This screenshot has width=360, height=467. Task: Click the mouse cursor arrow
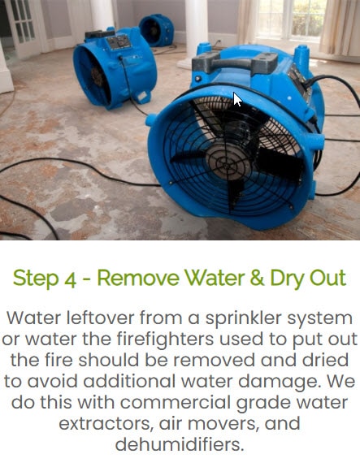point(237,99)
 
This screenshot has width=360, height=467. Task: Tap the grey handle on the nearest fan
point(235,62)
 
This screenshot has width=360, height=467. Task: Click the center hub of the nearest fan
point(226,163)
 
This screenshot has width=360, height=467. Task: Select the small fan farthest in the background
point(157,30)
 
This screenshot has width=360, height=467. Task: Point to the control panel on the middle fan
point(119,42)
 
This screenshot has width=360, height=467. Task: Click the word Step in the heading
point(36,279)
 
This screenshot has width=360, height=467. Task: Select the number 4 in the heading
point(71,279)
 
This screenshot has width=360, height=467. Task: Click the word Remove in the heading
point(138,278)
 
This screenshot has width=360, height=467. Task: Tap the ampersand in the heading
point(255,278)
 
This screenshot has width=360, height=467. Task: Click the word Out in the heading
point(327,278)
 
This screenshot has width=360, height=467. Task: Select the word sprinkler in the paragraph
point(243,319)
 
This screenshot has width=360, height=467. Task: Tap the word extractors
point(106,424)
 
